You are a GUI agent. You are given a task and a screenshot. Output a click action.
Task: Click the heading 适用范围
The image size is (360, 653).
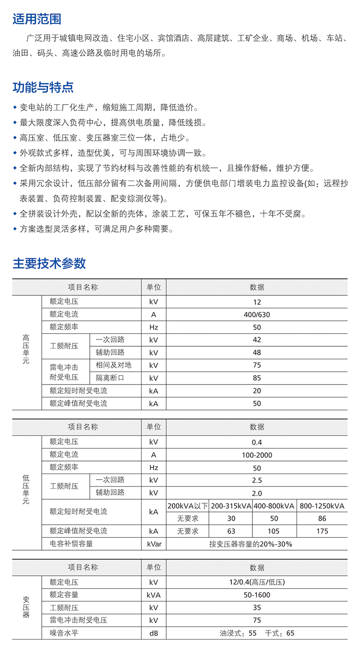click(x=37, y=19)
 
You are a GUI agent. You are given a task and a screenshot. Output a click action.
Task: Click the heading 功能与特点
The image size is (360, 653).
click(x=43, y=87)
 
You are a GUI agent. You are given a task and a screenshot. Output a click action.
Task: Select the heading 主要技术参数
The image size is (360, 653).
click(x=49, y=263)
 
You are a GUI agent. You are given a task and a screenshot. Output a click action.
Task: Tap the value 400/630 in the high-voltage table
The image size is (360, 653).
click(x=257, y=315)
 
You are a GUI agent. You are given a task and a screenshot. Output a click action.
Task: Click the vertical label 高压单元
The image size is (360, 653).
click(x=26, y=349)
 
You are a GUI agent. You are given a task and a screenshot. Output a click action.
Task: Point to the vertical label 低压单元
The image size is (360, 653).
click(x=26, y=489)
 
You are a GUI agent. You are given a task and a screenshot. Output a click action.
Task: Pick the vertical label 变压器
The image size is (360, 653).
click(x=26, y=607)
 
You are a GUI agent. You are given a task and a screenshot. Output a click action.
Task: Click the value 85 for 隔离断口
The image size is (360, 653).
click(x=257, y=378)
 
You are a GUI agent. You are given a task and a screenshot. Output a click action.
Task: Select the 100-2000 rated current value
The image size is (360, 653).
click(x=257, y=455)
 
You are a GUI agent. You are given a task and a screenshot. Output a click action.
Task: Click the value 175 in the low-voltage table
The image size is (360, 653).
click(x=322, y=531)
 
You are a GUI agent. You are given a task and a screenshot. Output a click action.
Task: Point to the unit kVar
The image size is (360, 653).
click(x=154, y=544)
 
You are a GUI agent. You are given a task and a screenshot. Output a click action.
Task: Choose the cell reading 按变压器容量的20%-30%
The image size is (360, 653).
click(x=257, y=544)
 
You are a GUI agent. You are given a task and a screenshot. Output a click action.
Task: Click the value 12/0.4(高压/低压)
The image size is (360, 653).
click(x=257, y=582)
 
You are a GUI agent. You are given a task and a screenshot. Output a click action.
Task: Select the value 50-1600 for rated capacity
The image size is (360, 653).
click(x=257, y=595)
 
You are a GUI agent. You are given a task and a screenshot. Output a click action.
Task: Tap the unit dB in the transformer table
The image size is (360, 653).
click(x=154, y=633)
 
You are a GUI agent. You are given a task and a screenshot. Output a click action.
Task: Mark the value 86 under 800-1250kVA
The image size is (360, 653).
click(x=322, y=519)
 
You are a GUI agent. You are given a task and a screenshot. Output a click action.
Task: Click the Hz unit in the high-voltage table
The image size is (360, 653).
click(x=154, y=327)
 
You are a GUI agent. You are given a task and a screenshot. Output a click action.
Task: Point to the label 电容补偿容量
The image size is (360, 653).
click(x=71, y=544)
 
